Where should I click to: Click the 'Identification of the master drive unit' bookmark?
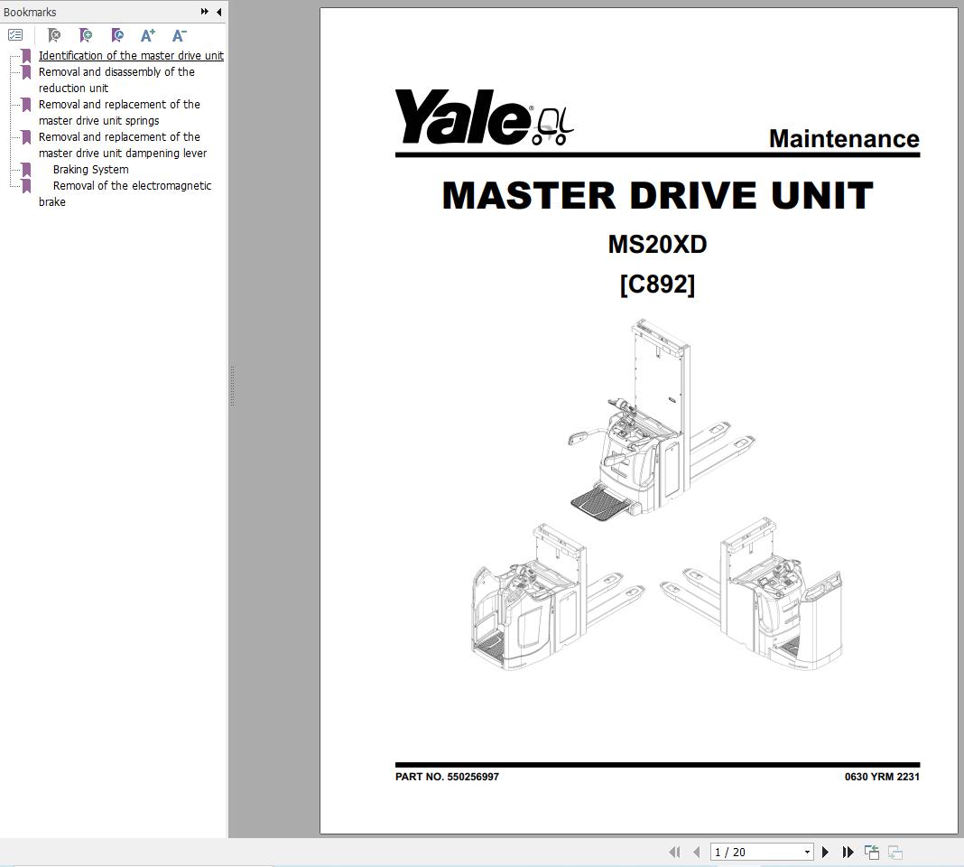click(131, 56)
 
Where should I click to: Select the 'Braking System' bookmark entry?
click(90, 170)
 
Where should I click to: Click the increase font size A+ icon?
click(148, 35)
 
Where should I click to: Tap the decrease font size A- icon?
click(179, 35)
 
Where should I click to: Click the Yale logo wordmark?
click(462, 117)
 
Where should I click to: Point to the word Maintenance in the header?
click(844, 139)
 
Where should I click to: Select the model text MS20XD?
click(657, 245)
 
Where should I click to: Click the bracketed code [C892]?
click(657, 284)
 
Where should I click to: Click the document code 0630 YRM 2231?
click(882, 777)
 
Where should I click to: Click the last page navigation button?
click(848, 852)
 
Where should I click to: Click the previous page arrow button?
click(696, 852)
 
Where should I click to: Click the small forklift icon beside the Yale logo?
click(552, 126)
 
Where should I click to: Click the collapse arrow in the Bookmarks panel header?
click(218, 12)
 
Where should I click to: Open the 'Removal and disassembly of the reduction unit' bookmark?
click(116, 80)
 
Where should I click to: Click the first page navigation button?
click(674, 852)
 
